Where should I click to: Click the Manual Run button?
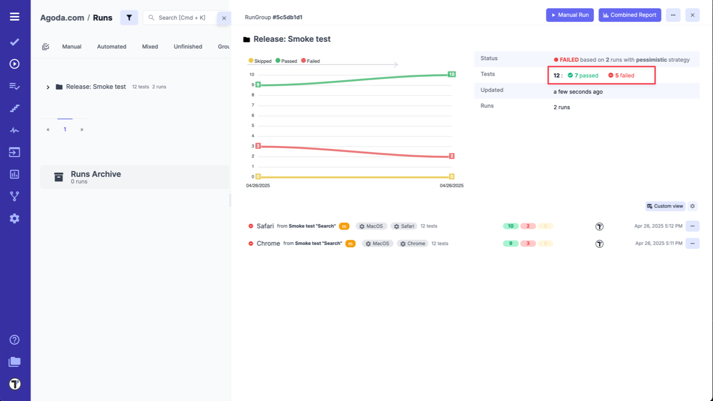[570, 15]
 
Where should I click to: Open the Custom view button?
[665, 206]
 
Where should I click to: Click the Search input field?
[182, 18]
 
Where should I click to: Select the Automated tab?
[111, 47]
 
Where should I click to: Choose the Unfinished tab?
[188, 47]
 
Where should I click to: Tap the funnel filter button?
[129, 18]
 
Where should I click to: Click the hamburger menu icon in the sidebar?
[14, 17]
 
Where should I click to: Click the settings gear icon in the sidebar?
[14, 218]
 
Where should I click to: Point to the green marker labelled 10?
[452, 74]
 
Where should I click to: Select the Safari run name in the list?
[265, 226]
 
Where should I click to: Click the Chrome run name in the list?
[268, 243]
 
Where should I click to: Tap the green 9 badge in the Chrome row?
[510, 243]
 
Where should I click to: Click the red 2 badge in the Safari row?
[528, 226]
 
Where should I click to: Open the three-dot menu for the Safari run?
[692, 226]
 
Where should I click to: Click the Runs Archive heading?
[96, 174]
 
